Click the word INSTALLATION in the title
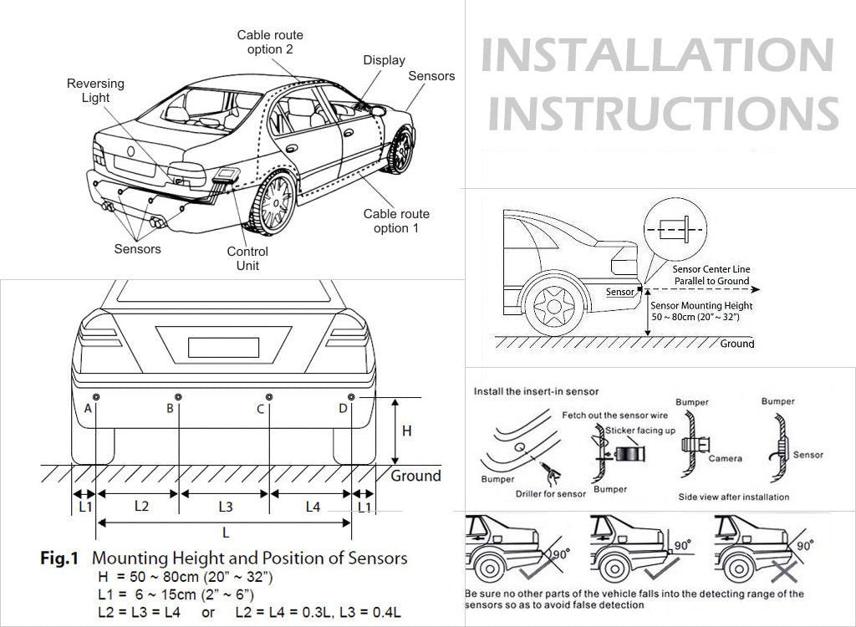pos(658,55)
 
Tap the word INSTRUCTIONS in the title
pos(662,112)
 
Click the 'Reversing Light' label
pos(95,90)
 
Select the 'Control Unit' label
pos(247,258)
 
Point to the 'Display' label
pos(384,60)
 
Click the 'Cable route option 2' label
pos(270,42)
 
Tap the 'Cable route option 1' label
pos(396,221)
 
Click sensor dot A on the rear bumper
pos(96,395)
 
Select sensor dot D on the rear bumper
pos(351,395)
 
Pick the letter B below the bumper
pos(170,408)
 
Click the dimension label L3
pos(225,506)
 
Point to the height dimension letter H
pos(407,431)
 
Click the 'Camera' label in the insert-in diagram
pos(725,458)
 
